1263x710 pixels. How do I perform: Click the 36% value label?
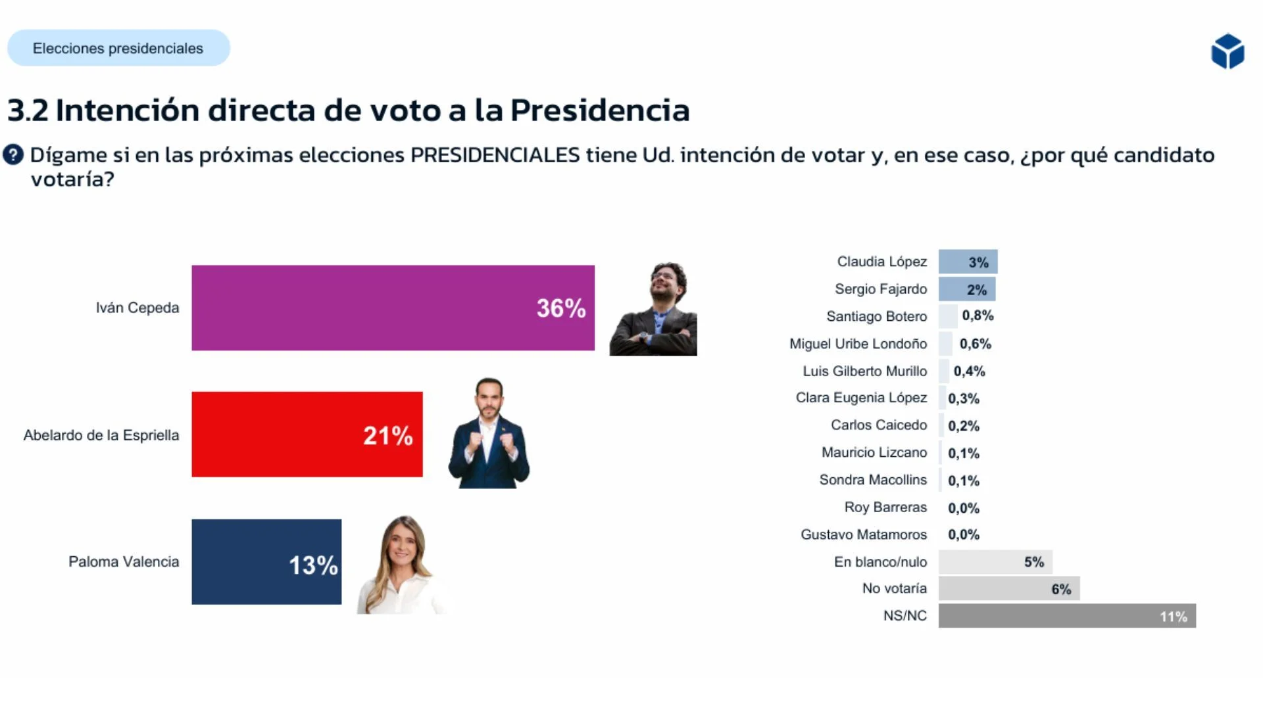pos(560,308)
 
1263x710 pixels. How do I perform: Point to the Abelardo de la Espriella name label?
pos(101,435)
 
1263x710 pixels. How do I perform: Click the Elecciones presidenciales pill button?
pos(118,48)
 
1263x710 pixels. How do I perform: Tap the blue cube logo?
pos(1227,51)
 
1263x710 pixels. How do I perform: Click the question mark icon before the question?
pos(13,155)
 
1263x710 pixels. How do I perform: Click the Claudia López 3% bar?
pos(968,262)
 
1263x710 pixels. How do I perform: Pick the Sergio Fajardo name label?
pos(880,289)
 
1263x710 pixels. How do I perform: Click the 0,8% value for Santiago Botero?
pos(978,316)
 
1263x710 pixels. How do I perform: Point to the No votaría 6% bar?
pos(1008,588)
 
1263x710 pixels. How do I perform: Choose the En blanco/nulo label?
pos(880,562)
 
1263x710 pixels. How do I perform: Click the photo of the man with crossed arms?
pos(653,310)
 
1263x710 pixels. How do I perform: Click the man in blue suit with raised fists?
pos(489,434)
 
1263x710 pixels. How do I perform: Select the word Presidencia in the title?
pos(599,110)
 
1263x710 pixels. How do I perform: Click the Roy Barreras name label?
pos(885,508)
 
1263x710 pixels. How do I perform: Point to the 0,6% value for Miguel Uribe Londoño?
pos(975,344)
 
